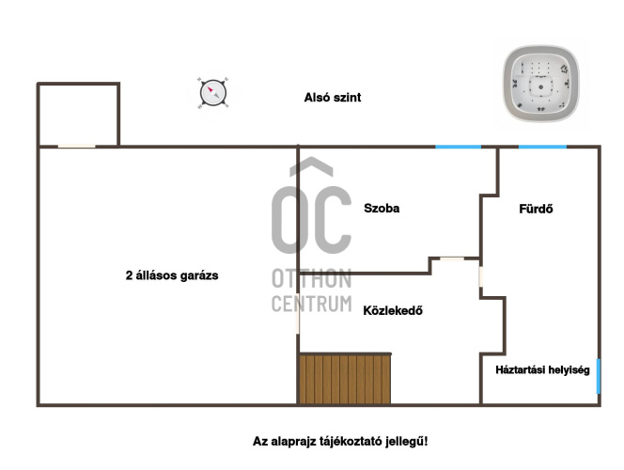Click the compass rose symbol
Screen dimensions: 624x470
click(213, 93)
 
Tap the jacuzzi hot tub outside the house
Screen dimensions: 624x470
click(540, 83)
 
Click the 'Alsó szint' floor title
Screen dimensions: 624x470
click(333, 98)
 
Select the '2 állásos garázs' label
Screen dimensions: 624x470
click(172, 275)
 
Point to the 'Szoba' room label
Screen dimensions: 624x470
click(382, 208)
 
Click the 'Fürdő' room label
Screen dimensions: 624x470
click(536, 209)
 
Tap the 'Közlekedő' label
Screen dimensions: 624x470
click(393, 310)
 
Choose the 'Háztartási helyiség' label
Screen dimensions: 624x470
click(542, 369)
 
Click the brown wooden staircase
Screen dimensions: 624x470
click(345, 379)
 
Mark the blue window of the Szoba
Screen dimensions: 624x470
click(458, 147)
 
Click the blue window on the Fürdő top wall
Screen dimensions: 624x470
click(542, 147)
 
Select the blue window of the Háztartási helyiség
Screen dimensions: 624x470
click(598, 377)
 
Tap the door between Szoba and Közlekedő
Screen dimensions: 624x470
click(452, 259)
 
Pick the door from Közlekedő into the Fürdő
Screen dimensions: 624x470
click(481, 276)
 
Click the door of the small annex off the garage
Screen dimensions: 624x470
click(76, 147)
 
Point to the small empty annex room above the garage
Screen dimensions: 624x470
click(78, 115)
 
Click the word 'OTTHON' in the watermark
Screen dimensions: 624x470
click(312, 278)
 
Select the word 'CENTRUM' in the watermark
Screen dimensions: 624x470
click(312, 304)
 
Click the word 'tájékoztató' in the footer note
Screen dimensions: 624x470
click(349, 442)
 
